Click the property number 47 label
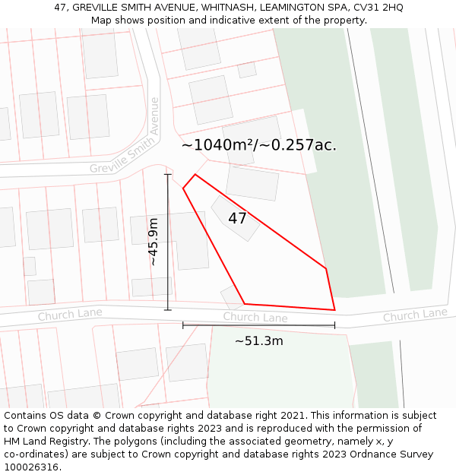pos(237,219)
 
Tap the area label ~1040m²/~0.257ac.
pos(258,145)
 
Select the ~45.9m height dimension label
pos(153,242)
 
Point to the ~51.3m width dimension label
pos(258,341)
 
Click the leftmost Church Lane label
pos(70,313)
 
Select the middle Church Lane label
pos(255,317)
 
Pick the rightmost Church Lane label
pos(414,315)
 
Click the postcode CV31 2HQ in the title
pos(378,8)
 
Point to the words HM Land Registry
pos(48,442)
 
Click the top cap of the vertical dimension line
pos(168,174)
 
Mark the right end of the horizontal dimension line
pos(334,325)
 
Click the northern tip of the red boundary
pos(195,175)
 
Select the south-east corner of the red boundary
pos(334,310)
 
